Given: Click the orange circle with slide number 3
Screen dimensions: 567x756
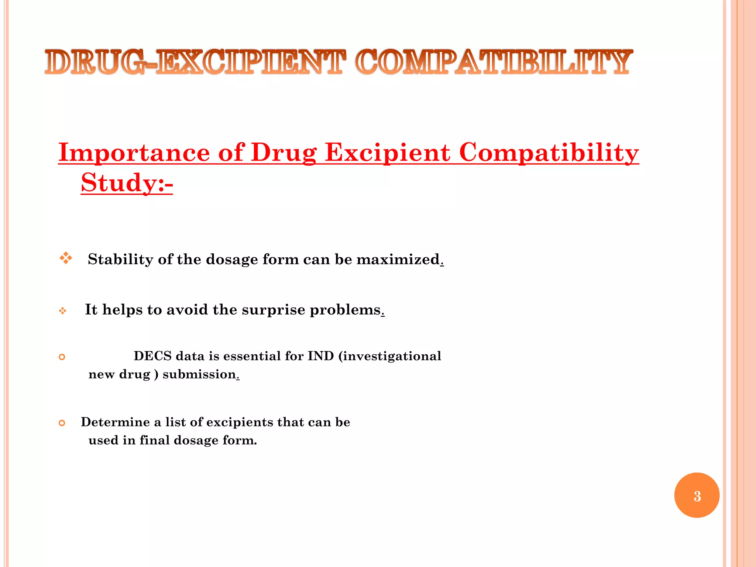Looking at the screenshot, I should pyautogui.click(x=697, y=495).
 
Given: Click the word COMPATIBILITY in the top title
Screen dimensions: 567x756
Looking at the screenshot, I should pyautogui.click(x=494, y=62).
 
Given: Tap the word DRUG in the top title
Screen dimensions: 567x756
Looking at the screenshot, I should pyautogui.click(x=94, y=62).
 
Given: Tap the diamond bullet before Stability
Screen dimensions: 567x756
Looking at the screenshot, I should pyautogui.click(x=66, y=258).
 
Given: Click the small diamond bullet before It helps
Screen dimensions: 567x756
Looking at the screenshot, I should pyautogui.click(x=63, y=311).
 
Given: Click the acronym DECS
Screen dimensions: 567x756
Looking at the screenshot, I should pyautogui.click(x=153, y=356).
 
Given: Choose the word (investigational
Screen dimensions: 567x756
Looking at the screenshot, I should pyautogui.click(x=389, y=356).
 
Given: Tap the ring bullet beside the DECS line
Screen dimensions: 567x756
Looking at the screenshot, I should pyautogui.click(x=62, y=357).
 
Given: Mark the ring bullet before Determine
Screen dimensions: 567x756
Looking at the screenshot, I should pyautogui.click(x=62, y=423).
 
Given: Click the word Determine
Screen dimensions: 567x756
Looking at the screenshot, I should pyautogui.click(x=116, y=422).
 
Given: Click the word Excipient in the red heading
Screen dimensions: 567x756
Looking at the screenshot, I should pyautogui.click(x=388, y=152).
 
